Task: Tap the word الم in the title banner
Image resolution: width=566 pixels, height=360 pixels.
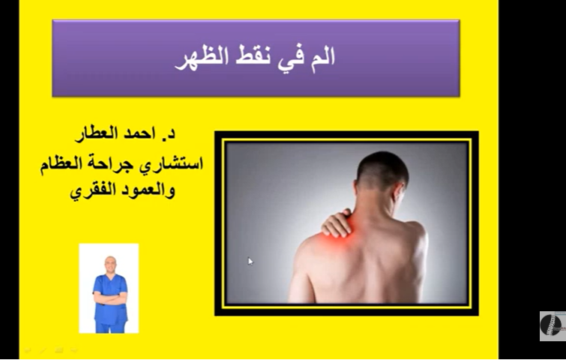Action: (320, 58)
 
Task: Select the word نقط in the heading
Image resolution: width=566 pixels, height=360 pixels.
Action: (256, 58)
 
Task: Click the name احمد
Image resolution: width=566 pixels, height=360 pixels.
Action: (137, 137)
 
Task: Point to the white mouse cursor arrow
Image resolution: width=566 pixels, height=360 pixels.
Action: (250, 261)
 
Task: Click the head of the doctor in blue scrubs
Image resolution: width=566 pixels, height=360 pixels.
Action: (110, 264)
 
